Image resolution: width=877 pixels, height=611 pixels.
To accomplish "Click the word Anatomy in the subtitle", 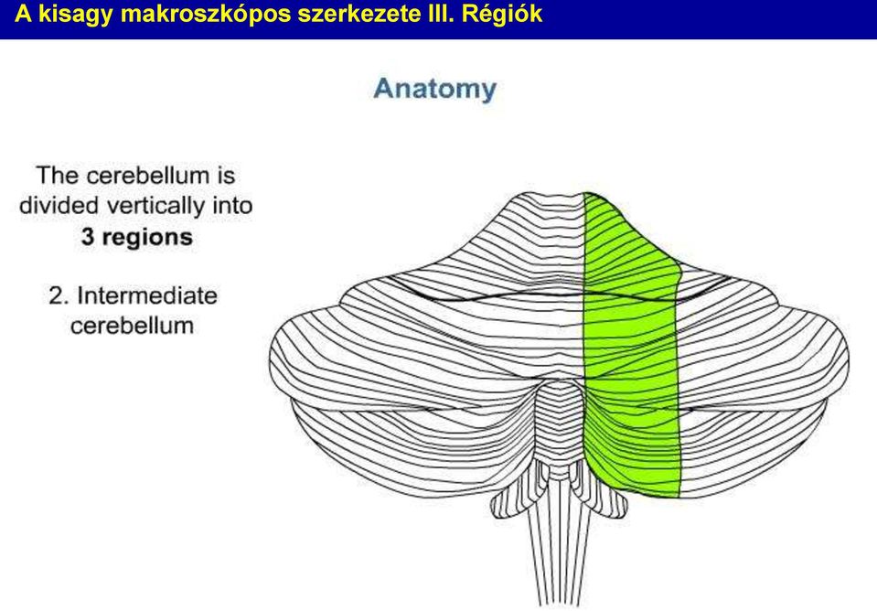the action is point(434,90).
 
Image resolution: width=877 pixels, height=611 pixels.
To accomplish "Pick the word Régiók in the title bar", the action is point(502,14).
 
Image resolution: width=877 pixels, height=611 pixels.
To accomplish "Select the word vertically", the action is point(156,207).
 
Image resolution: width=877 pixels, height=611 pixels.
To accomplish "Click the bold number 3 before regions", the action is point(87,237).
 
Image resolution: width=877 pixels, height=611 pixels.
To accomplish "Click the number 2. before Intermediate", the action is point(59,295).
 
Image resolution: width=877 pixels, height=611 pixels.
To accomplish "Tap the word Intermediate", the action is point(147,295).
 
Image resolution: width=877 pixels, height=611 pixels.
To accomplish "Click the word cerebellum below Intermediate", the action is point(132,326).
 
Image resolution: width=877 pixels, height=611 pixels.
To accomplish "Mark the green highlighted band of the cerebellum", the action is point(632,347).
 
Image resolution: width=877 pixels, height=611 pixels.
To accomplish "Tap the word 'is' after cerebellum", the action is point(226,176).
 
